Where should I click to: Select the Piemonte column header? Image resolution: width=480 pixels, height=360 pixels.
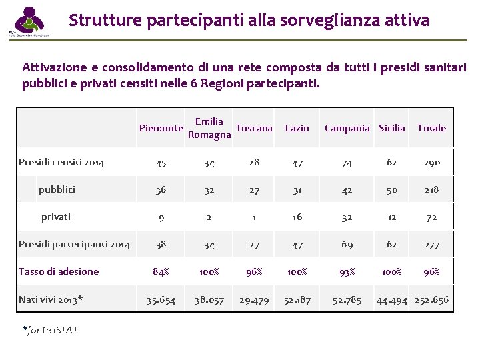click(161, 128)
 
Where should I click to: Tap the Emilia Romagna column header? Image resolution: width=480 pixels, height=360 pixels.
click(209, 128)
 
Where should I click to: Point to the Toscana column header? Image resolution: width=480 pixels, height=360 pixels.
click(254, 128)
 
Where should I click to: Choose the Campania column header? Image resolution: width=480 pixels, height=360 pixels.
click(347, 128)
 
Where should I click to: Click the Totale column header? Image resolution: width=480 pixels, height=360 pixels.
click(431, 128)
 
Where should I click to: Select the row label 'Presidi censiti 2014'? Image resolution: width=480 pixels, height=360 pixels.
click(61, 162)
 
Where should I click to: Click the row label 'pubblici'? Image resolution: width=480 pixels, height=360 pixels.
click(57, 189)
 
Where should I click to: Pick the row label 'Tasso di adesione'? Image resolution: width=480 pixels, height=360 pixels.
click(59, 271)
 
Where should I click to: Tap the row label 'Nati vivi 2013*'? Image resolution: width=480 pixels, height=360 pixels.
click(51, 299)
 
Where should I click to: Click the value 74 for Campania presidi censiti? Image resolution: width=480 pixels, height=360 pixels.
click(347, 163)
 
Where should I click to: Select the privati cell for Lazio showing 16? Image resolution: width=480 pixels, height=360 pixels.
click(297, 217)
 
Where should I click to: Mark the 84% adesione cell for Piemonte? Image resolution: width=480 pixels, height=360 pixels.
click(161, 272)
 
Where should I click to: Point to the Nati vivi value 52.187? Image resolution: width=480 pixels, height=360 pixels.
click(297, 300)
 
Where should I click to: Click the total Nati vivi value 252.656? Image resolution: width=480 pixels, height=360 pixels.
click(431, 300)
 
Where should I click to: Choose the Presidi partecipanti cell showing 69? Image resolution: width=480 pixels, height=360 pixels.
click(347, 245)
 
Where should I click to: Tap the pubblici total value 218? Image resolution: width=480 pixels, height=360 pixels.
click(431, 190)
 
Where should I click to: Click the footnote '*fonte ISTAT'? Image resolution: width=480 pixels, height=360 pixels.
click(50, 330)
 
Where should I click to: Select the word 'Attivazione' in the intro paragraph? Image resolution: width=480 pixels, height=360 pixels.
click(52, 67)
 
